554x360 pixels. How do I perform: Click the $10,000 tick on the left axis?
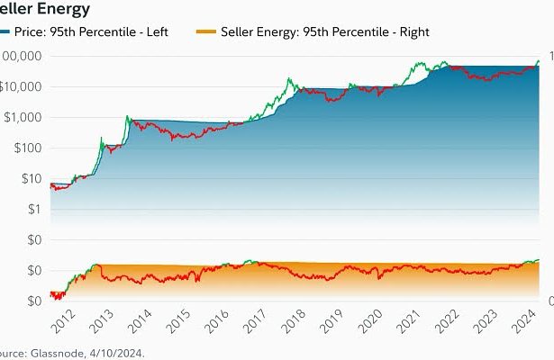[23, 87]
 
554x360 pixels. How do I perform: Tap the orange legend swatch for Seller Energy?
[204, 31]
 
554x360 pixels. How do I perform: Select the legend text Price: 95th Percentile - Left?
[103, 31]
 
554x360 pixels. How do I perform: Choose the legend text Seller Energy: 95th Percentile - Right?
[324, 31]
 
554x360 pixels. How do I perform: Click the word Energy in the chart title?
[64, 9]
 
